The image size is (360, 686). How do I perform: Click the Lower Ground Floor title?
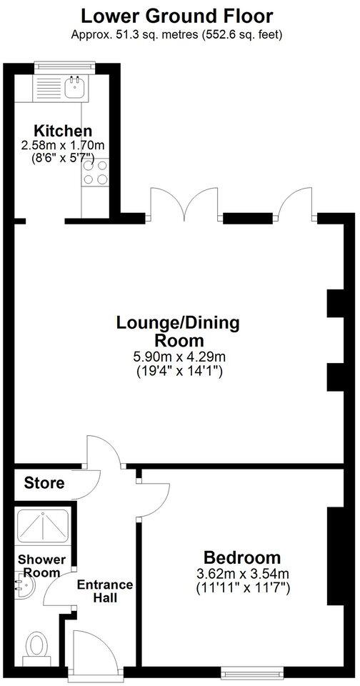[x=176, y=15]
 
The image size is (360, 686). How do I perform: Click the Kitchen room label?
[x=64, y=131]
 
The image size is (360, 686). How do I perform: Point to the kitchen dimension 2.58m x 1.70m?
[x=64, y=145]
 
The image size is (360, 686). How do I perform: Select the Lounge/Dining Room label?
[x=178, y=331]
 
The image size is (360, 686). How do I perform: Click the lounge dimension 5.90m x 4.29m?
[x=178, y=357]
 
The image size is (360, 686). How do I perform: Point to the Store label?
[x=44, y=483]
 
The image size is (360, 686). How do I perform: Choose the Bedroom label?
[x=242, y=557]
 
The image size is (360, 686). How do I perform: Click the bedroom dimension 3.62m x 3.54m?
[x=242, y=573]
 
